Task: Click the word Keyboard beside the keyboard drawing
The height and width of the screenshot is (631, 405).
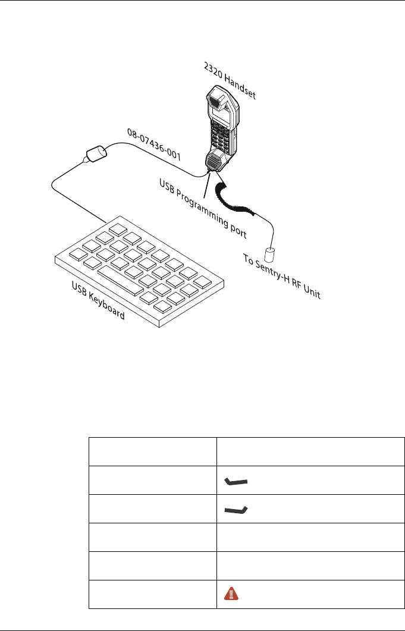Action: [x=105, y=306]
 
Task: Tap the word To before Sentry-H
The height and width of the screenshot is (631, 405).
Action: [x=249, y=261]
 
